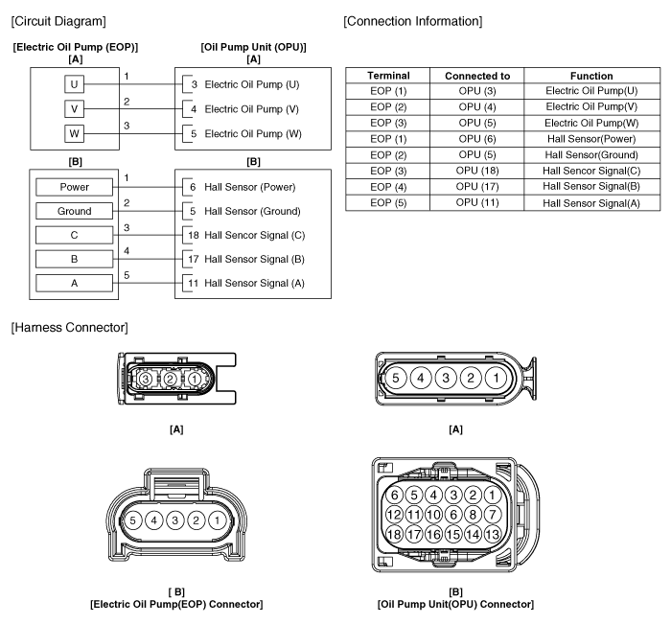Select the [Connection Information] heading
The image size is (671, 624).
412,20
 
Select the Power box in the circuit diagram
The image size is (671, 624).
74,186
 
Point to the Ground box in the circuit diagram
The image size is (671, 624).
74,210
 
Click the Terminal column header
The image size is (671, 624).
388,76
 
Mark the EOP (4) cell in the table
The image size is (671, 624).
388,186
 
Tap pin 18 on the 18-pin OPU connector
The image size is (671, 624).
394,534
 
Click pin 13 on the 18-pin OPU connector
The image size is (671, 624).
493,534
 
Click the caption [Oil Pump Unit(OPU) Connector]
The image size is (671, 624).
456,603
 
